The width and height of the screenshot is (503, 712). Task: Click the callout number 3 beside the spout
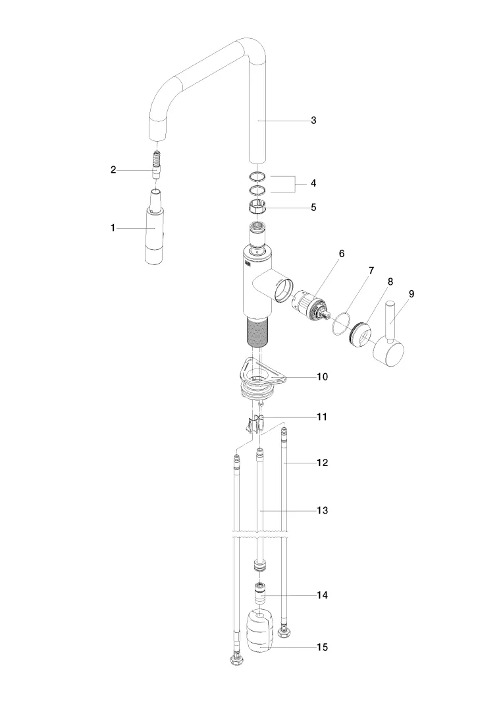pyautogui.click(x=313, y=121)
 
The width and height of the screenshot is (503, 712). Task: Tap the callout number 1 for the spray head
pyautogui.click(x=113, y=228)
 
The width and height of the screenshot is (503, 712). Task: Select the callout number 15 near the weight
pyautogui.click(x=322, y=647)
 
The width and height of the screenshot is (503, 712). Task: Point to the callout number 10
pyautogui.click(x=322, y=376)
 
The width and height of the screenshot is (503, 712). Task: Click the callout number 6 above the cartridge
pyautogui.click(x=342, y=253)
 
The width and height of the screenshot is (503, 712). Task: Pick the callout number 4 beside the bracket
pyautogui.click(x=313, y=183)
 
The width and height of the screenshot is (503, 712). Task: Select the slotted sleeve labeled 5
pyautogui.click(x=257, y=208)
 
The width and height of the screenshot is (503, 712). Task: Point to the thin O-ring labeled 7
pyautogui.click(x=341, y=323)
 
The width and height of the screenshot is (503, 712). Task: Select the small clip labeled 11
pyautogui.click(x=254, y=425)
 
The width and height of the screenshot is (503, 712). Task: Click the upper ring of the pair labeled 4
pyautogui.click(x=257, y=176)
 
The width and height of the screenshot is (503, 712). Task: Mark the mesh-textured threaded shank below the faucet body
pyautogui.click(x=257, y=330)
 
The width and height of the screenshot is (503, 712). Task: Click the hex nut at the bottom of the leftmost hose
pyautogui.click(x=236, y=660)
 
